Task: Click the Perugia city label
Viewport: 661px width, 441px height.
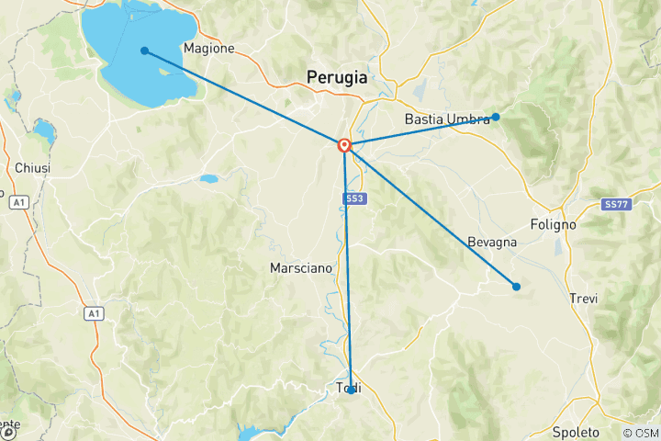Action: point(336,78)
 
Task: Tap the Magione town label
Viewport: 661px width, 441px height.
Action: point(209,48)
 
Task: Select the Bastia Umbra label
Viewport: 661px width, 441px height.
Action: point(447,119)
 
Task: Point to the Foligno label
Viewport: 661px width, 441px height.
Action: point(553,224)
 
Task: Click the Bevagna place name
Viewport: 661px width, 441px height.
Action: point(491,242)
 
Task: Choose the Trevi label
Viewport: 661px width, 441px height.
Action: point(584,299)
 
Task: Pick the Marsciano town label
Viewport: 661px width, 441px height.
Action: point(300,268)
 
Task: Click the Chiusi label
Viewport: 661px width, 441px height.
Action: point(32,168)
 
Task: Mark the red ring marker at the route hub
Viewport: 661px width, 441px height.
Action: point(344,145)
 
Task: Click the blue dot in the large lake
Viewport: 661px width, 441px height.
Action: point(145,51)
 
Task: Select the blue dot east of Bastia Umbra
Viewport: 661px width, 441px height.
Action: point(496,117)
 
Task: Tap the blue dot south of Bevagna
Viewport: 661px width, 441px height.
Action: point(516,287)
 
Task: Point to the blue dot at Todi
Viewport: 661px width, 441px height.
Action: point(352,390)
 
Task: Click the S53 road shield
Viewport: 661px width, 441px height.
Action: point(353,198)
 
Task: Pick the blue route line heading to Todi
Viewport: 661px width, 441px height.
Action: point(348,276)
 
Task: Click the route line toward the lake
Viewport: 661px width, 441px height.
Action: point(243,97)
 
